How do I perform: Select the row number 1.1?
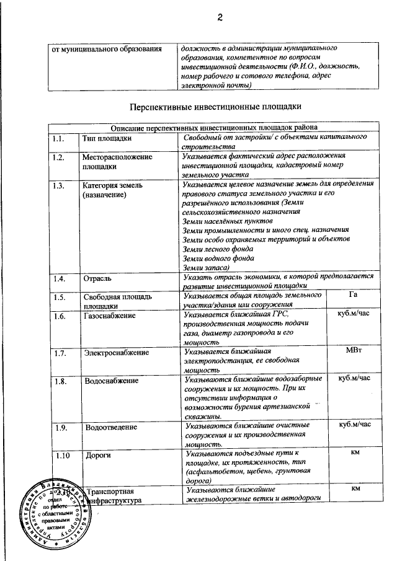tap(59, 138)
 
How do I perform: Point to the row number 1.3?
tap(59, 185)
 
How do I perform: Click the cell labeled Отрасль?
tap(97, 278)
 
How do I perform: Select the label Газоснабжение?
tap(110, 316)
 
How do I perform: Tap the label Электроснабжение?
tap(116, 353)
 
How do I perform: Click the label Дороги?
tap(97, 456)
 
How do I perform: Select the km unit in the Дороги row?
tap(355, 454)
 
